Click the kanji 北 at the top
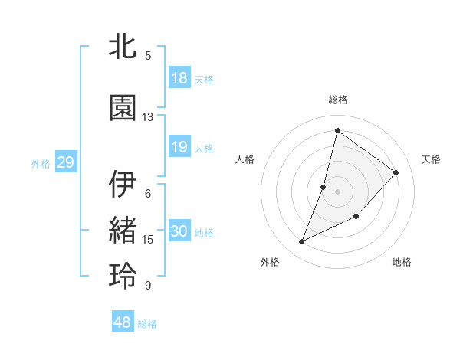[x=123, y=47]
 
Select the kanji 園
[x=123, y=108]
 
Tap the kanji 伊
[x=123, y=185]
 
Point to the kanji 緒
[x=123, y=231]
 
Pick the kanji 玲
[x=123, y=277]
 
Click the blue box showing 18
[x=179, y=78]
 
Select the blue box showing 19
[x=179, y=147]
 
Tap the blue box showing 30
[x=179, y=231]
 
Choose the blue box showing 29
[x=65, y=162]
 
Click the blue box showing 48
[x=123, y=323]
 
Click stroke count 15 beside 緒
[x=148, y=240]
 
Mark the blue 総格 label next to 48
[x=147, y=324]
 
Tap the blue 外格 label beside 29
[x=41, y=163]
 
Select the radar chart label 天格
[x=432, y=159]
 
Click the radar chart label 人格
[x=245, y=159]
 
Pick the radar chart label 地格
[x=402, y=262]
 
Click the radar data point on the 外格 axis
[x=302, y=242]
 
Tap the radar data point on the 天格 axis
[x=396, y=172]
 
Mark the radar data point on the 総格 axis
[x=337, y=130]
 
